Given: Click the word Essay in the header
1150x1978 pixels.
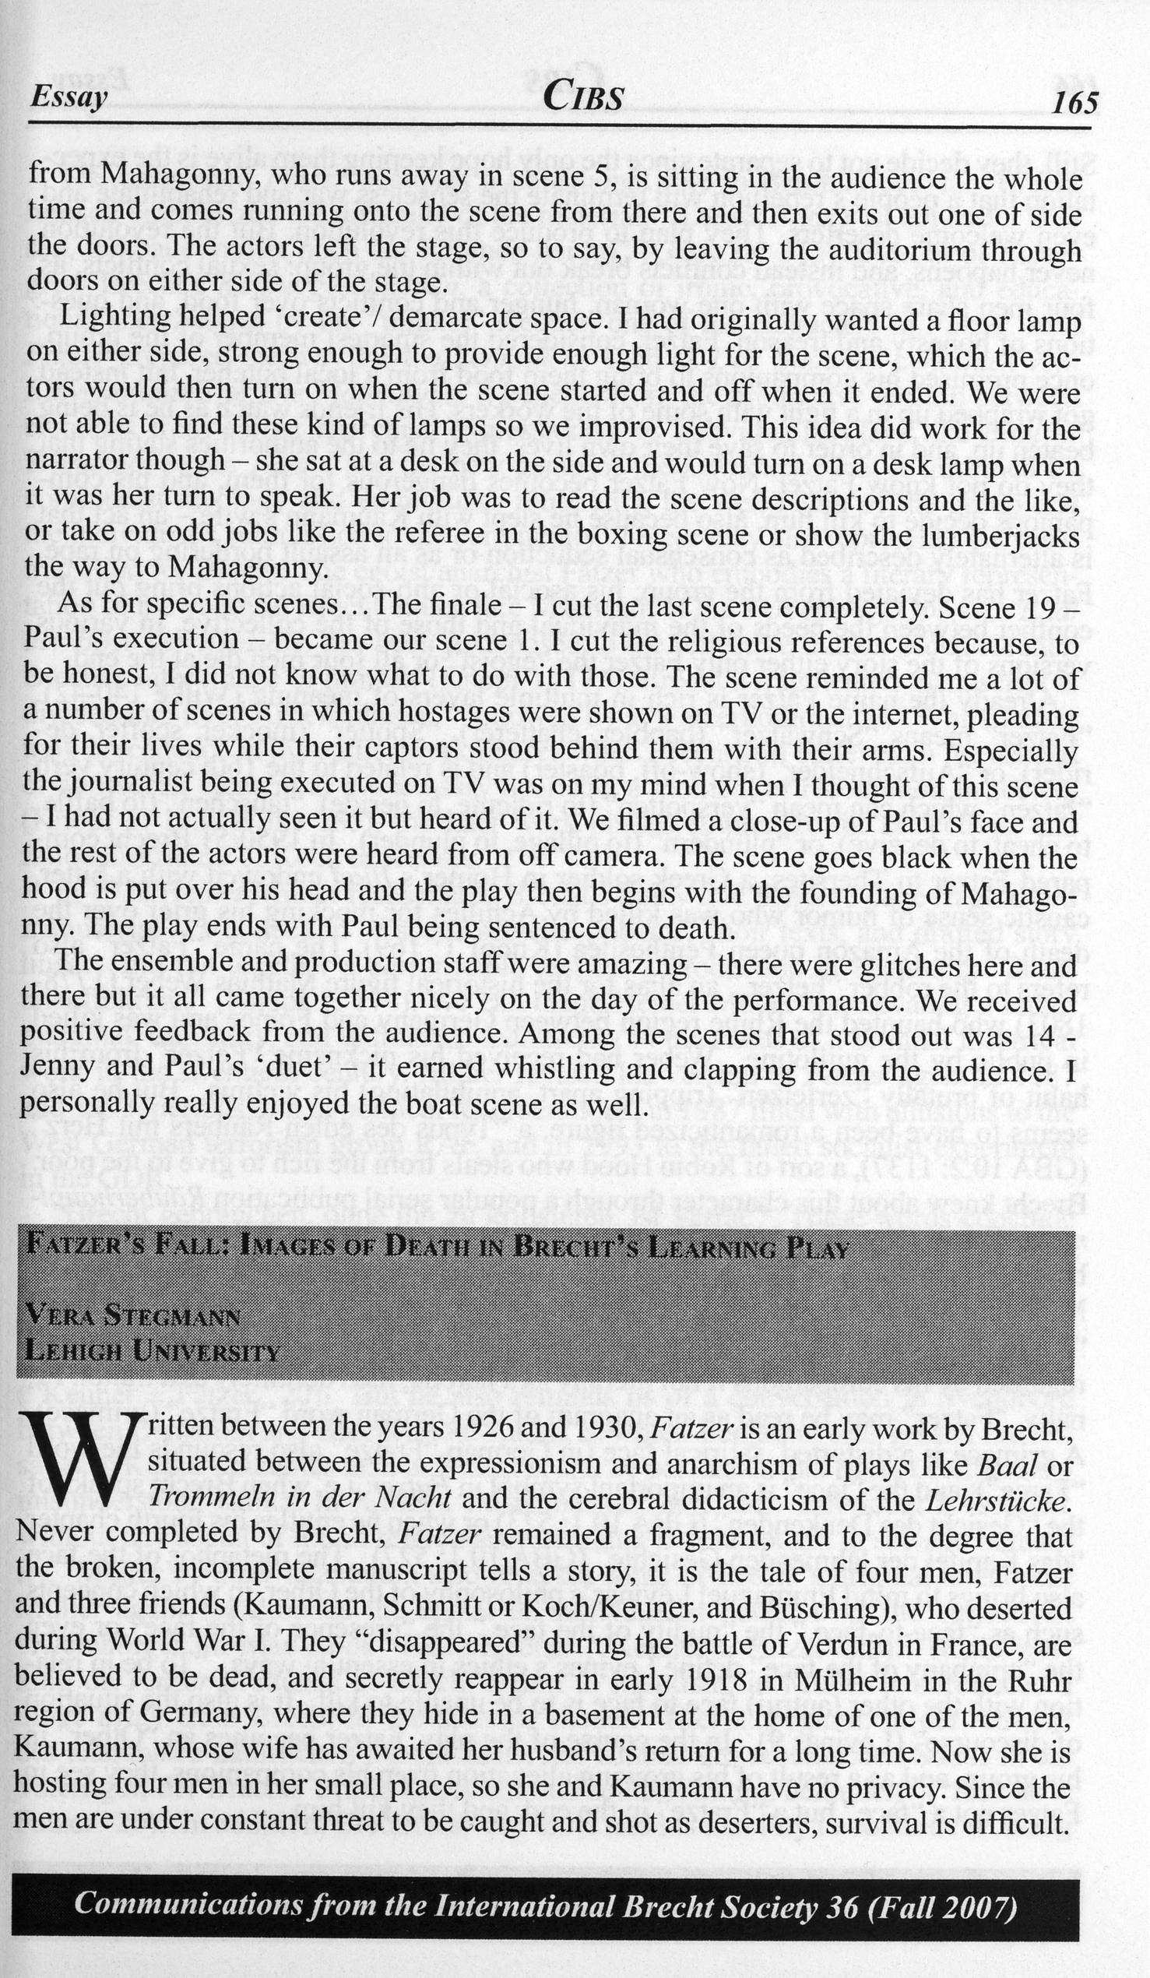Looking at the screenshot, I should point(69,98).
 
